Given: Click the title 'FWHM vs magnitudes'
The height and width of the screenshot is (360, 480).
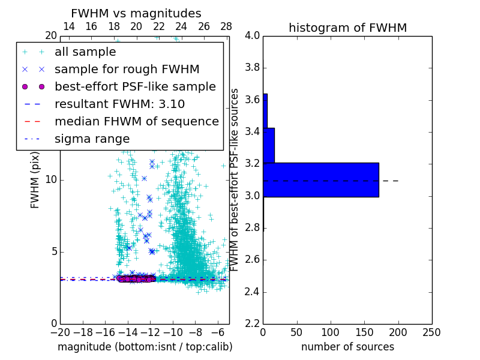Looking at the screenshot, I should pyautogui.click(x=136, y=13).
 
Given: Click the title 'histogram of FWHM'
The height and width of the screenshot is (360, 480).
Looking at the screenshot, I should pyautogui.click(x=347, y=28).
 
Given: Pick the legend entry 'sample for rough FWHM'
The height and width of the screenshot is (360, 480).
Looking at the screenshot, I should pyautogui.click(x=127, y=69).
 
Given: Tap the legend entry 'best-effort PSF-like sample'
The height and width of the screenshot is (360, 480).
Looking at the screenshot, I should pyautogui.click(x=135, y=86).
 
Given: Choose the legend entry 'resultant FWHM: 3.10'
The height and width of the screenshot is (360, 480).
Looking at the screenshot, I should pyautogui.click(x=119, y=104).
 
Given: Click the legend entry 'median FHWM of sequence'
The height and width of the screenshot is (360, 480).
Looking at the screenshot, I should pyautogui.click(x=136, y=121).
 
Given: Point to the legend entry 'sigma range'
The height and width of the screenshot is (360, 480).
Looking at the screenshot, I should pyautogui.click(x=92, y=139).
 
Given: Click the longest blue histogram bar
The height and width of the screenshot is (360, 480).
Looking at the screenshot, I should pyautogui.click(x=321, y=179).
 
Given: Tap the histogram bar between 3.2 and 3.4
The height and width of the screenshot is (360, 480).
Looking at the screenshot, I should pyautogui.click(x=269, y=145).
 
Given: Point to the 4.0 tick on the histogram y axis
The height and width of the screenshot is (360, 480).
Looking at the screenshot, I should pyautogui.click(x=252, y=35).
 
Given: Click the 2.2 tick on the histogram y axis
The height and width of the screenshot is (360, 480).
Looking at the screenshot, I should pyautogui.click(x=252, y=324).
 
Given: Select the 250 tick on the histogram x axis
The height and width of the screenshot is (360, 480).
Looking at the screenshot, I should pyautogui.click(x=431, y=332).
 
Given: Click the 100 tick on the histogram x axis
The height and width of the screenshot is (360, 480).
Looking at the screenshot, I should pyautogui.click(x=331, y=332).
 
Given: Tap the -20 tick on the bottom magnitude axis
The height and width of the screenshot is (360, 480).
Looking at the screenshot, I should pyautogui.click(x=60, y=332).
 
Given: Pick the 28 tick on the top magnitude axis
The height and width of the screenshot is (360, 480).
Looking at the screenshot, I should pyautogui.click(x=226, y=26).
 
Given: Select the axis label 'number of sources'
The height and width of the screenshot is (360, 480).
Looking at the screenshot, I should pyautogui.click(x=347, y=347).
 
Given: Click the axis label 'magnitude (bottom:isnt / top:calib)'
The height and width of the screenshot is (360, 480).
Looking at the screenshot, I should pyautogui.click(x=145, y=347).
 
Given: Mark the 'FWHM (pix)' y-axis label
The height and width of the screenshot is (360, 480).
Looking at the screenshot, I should pyautogui.click(x=35, y=180).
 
